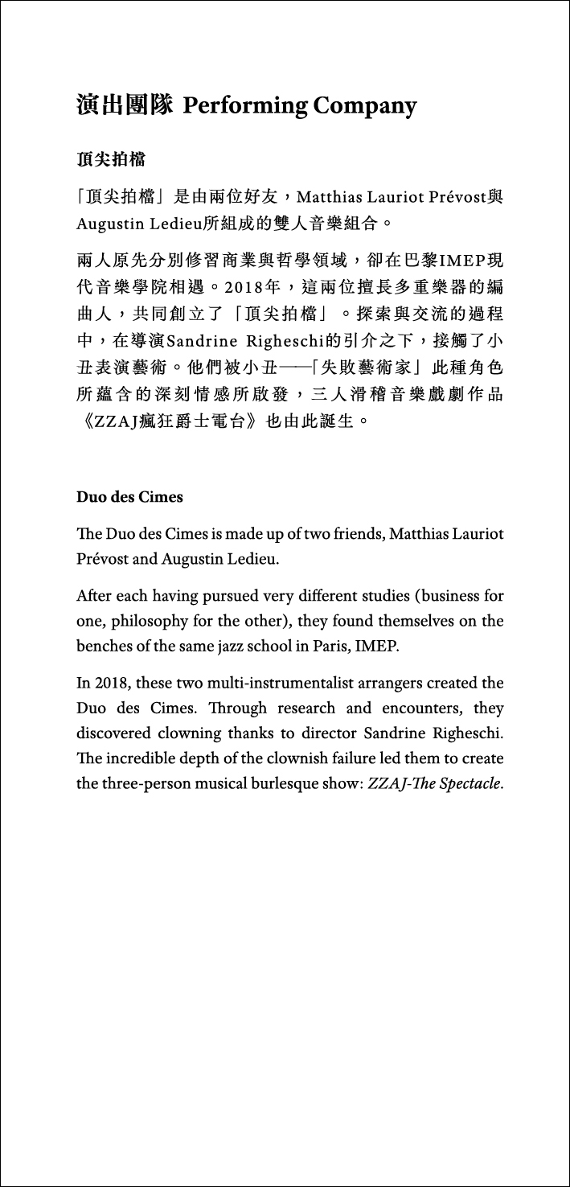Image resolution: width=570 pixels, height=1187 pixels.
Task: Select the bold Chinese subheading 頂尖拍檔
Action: [111, 160]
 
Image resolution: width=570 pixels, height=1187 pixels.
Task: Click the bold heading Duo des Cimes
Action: [129, 497]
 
